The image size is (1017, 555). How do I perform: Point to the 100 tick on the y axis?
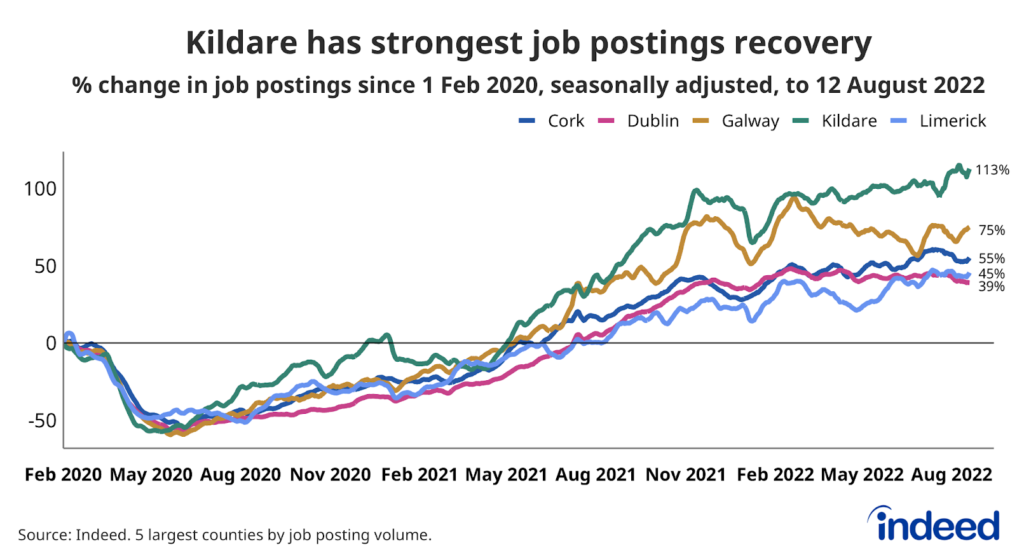40,189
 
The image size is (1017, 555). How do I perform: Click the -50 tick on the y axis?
42,420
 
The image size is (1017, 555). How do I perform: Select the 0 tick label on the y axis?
51,343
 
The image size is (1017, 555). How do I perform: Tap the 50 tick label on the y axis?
45,266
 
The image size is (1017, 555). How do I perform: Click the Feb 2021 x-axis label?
420,475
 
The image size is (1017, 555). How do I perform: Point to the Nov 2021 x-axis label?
686,475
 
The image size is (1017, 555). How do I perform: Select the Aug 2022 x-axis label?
952,475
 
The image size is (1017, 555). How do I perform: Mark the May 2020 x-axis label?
151,475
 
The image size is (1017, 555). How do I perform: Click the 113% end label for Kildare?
992,170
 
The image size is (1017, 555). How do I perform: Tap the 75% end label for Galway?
992,230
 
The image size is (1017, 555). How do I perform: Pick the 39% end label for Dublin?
992,287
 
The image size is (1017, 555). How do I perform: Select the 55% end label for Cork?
992,258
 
